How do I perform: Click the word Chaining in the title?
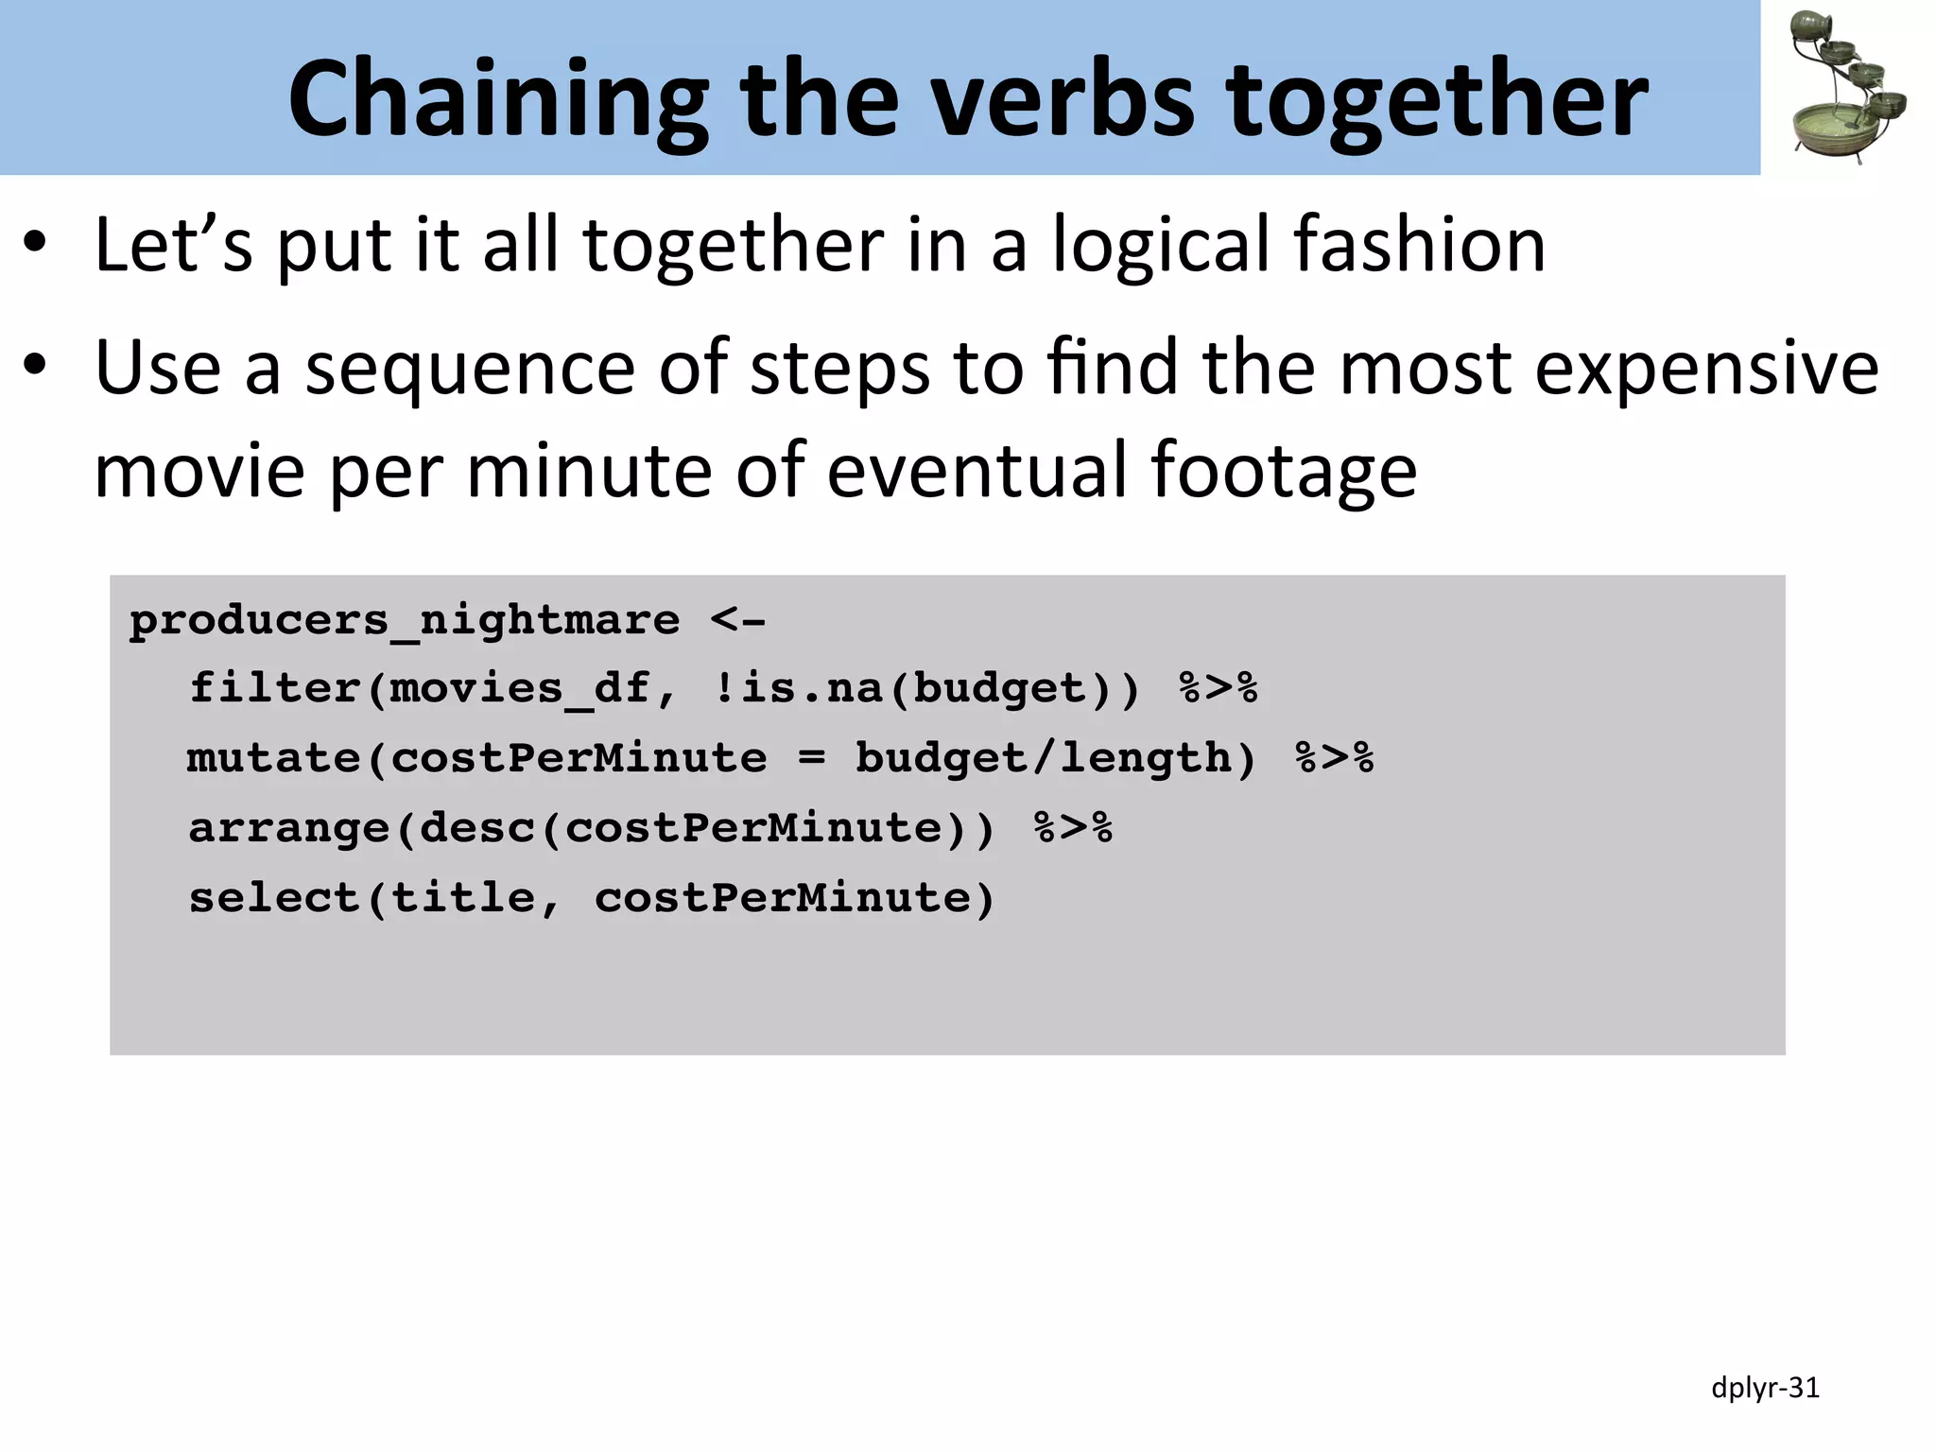coord(498,99)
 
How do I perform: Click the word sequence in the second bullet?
coord(470,369)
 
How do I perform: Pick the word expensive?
coord(1706,369)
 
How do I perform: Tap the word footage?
coord(1283,471)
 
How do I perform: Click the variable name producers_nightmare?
coord(405,621)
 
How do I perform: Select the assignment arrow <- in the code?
coord(738,621)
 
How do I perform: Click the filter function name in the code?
coord(275,688)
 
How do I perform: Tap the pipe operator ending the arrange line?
coord(1073,828)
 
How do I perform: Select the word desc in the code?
coord(477,828)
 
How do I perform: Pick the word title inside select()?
coord(463,898)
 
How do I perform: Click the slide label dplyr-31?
coord(1765,1388)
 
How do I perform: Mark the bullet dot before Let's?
coord(36,244)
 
